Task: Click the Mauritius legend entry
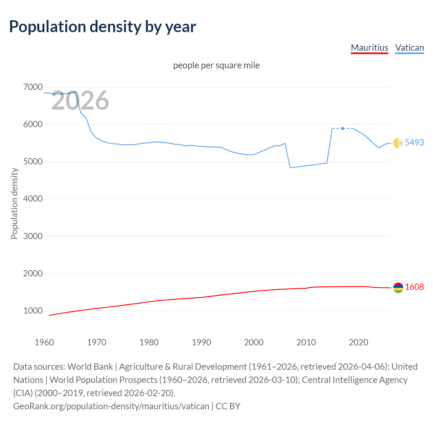(369, 48)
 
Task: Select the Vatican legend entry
(409, 48)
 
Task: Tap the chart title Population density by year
(102, 27)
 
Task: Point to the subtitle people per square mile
(216, 65)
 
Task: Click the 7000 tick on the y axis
(33, 87)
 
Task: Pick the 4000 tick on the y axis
(33, 199)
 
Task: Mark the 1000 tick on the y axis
(33, 311)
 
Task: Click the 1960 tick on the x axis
(44, 342)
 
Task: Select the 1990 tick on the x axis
(201, 342)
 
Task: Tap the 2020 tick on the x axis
(358, 342)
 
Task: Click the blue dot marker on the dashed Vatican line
(343, 129)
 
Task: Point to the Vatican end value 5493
(414, 142)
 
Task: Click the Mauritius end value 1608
(414, 287)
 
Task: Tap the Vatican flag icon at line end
(398, 143)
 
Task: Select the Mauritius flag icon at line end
(398, 288)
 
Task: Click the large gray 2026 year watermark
(80, 100)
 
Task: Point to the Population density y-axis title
(14, 204)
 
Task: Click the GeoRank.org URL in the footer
(111, 406)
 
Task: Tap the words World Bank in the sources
(90, 367)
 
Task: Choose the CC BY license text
(228, 406)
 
